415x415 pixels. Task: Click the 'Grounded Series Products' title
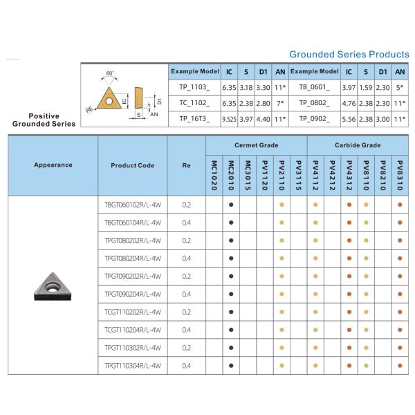point(349,54)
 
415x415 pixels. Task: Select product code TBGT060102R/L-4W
point(132,205)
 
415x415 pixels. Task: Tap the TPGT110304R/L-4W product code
point(132,365)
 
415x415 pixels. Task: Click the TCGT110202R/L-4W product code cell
point(132,312)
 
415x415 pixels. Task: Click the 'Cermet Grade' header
point(256,145)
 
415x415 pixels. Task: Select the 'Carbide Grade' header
point(358,145)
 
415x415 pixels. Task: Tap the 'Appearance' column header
point(53,165)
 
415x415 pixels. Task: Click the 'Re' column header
point(186,165)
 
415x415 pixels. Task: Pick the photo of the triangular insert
point(53,286)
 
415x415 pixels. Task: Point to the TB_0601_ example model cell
point(315,88)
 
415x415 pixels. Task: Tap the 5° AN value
point(399,88)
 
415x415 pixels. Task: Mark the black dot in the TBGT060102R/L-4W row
point(231,205)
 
